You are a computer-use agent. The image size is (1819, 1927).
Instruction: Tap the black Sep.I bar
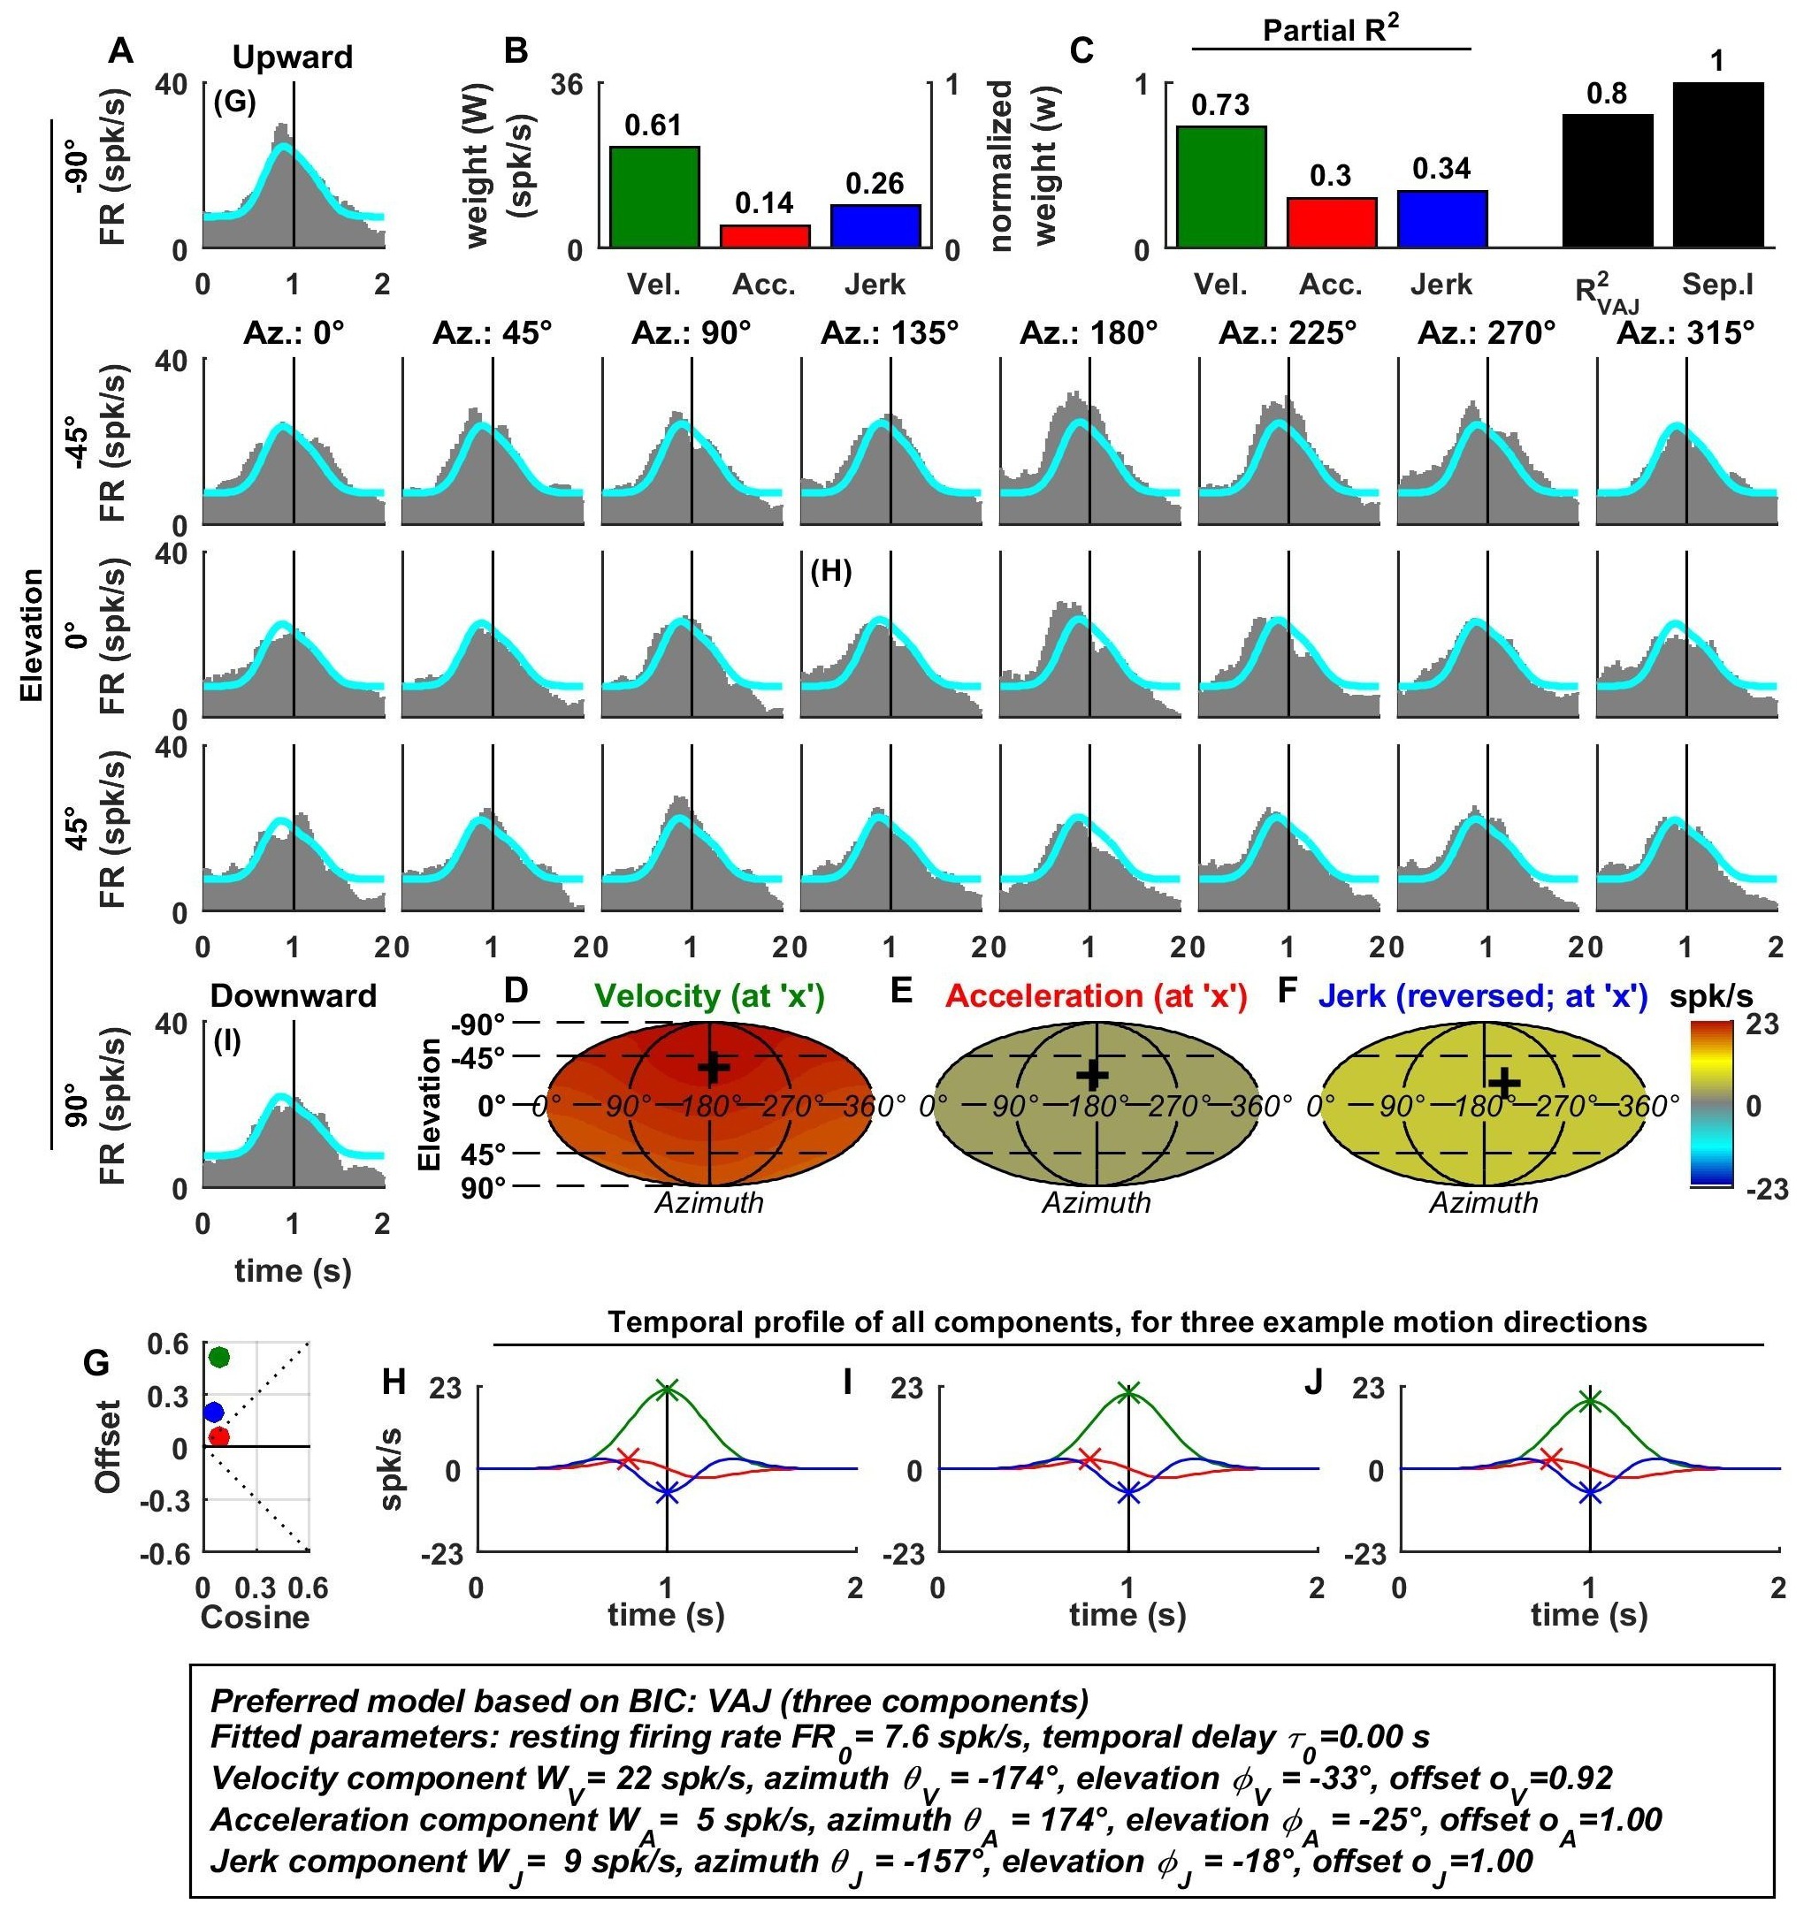[x=1717, y=164]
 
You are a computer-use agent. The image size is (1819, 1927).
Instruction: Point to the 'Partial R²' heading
[x=1330, y=31]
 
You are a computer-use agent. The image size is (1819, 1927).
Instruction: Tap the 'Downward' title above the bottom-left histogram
[x=293, y=995]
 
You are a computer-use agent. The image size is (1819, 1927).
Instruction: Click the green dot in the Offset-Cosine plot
[x=219, y=1356]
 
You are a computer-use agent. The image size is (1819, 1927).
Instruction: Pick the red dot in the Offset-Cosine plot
[x=219, y=1436]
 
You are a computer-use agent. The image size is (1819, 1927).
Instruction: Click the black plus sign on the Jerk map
[x=1504, y=1083]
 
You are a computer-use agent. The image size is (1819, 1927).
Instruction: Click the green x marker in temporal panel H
[x=667, y=1388]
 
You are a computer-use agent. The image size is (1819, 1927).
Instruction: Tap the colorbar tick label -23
[x=1766, y=1190]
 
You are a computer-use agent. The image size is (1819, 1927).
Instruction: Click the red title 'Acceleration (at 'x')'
[x=1096, y=995]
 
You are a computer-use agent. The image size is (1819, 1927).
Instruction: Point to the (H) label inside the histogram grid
[x=831, y=572]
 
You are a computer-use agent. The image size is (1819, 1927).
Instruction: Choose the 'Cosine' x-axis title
[x=255, y=1617]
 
